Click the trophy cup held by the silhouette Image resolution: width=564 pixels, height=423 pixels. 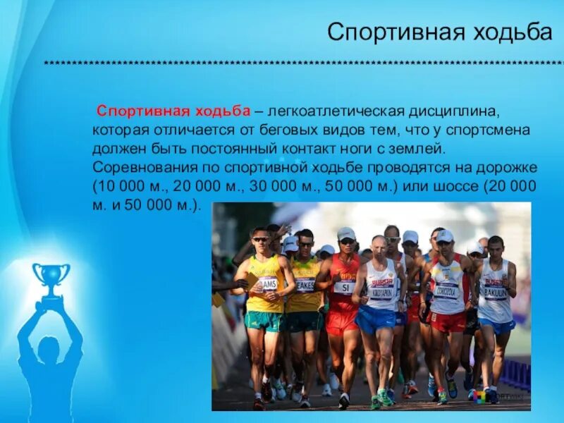51,277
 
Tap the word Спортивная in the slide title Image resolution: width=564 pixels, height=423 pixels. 395,32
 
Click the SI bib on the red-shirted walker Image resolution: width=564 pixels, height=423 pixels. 344,287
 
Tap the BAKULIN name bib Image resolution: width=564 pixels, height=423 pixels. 496,289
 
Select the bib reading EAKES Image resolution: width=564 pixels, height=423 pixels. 305,285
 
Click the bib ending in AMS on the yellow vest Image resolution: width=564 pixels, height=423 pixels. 267,283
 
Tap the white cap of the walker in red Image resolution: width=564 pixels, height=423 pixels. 346,233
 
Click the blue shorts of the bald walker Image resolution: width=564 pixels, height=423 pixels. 376,319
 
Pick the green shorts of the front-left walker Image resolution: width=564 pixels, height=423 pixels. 263,321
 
